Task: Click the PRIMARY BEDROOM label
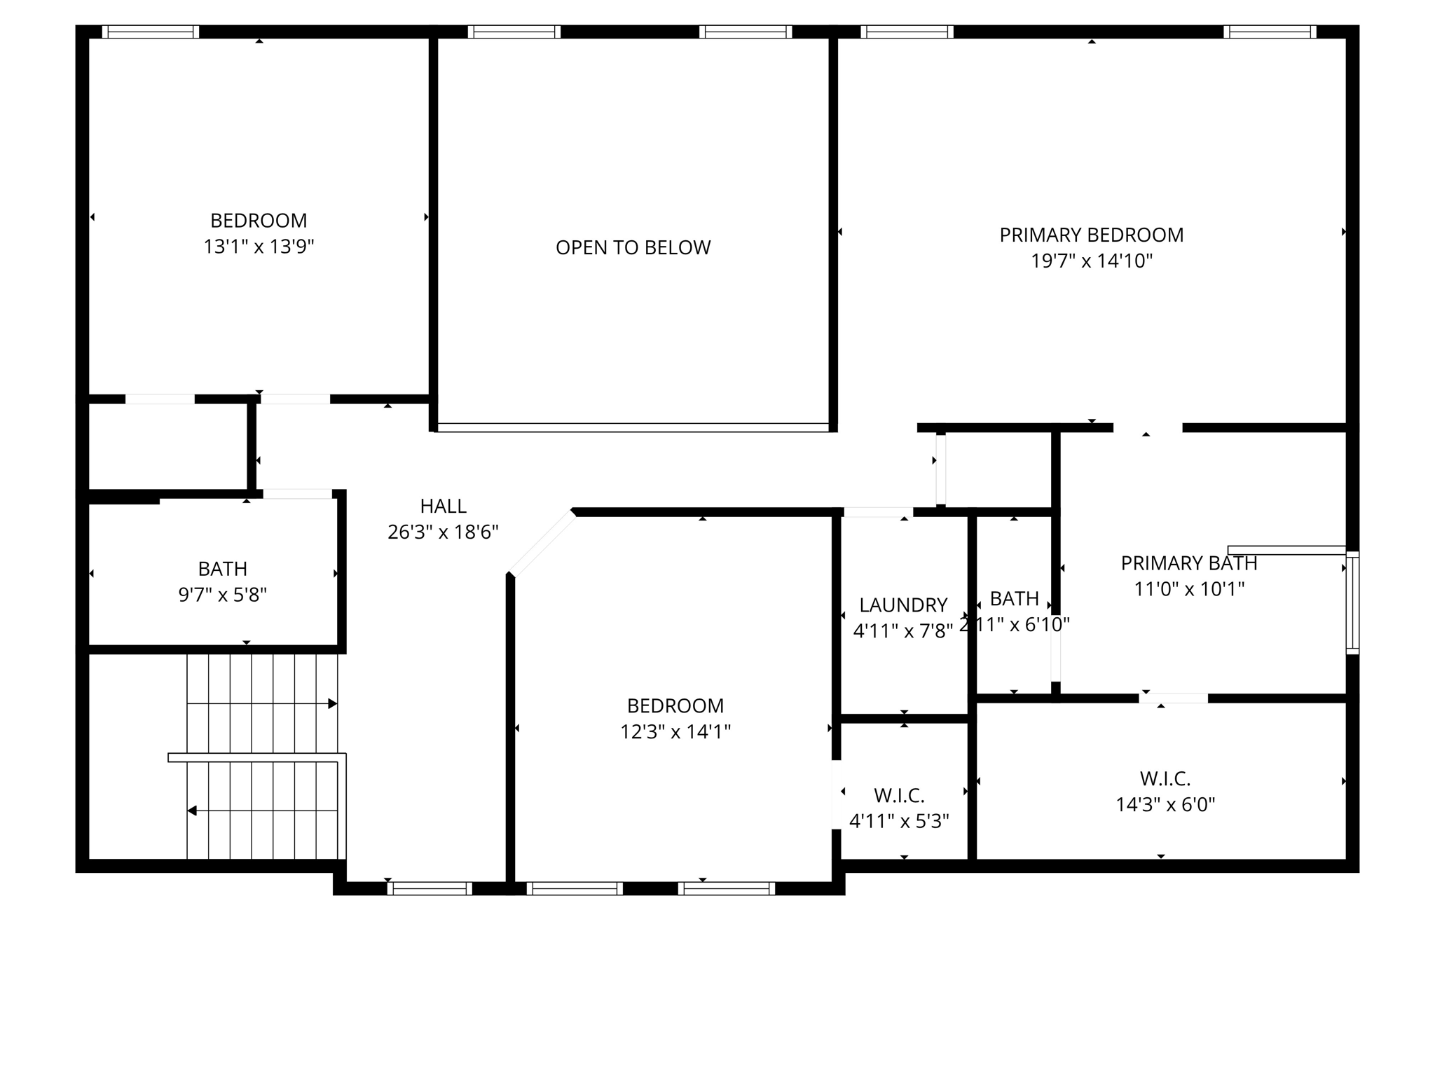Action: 1091,235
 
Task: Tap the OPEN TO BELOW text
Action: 633,247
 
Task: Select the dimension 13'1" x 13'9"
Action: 259,247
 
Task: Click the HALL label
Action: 443,506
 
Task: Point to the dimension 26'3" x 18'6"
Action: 443,532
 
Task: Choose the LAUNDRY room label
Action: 903,605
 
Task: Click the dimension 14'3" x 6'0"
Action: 1165,804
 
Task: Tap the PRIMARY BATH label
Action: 1188,563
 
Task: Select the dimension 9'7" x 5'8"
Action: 222,595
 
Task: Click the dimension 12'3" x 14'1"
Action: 675,732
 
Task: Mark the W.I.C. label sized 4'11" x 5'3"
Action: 899,796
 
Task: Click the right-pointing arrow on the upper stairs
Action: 332,703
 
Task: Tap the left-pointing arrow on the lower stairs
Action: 192,811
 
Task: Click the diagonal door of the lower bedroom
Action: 541,544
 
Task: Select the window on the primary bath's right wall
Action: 1352,602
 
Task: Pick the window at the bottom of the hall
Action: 430,888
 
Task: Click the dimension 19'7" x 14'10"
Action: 1091,261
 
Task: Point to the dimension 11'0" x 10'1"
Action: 1188,589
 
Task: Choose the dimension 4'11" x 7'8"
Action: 903,631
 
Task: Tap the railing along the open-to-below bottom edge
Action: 633,427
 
